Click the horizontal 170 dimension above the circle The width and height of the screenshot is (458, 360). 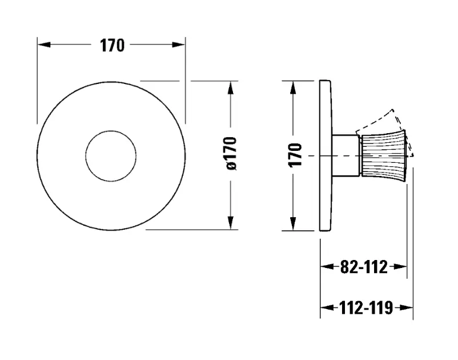click(112, 46)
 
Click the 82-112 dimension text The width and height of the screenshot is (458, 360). click(363, 267)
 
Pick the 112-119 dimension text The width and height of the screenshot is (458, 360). click(365, 309)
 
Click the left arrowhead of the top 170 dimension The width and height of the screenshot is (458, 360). click(42, 46)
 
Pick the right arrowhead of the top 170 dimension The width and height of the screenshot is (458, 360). click(180, 46)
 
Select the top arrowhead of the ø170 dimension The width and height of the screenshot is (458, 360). click(231, 86)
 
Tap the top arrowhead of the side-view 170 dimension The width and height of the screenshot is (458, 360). click(294, 86)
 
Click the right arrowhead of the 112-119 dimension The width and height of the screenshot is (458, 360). click(408, 309)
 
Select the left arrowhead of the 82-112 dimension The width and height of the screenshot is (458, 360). click(326, 267)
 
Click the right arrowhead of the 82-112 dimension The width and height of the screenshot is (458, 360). click(402, 267)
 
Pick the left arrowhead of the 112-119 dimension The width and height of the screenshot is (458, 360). click(326, 309)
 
